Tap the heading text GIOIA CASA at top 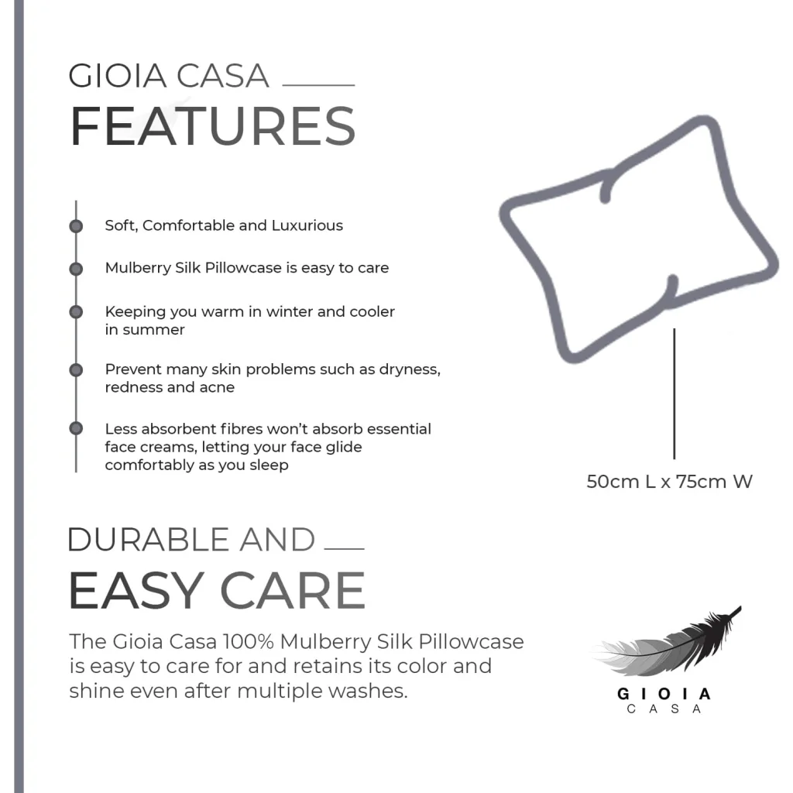[169, 77]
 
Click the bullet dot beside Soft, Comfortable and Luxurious [76, 226]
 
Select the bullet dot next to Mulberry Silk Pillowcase [76, 269]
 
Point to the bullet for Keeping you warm [76, 312]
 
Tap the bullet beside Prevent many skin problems [76, 370]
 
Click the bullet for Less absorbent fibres [76, 428]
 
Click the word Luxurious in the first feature [307, 226]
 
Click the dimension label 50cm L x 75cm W [669, 482]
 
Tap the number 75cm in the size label [701, 482]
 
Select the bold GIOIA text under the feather [664, 693]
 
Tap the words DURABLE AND [191, 540]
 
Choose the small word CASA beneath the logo [664, 709]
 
